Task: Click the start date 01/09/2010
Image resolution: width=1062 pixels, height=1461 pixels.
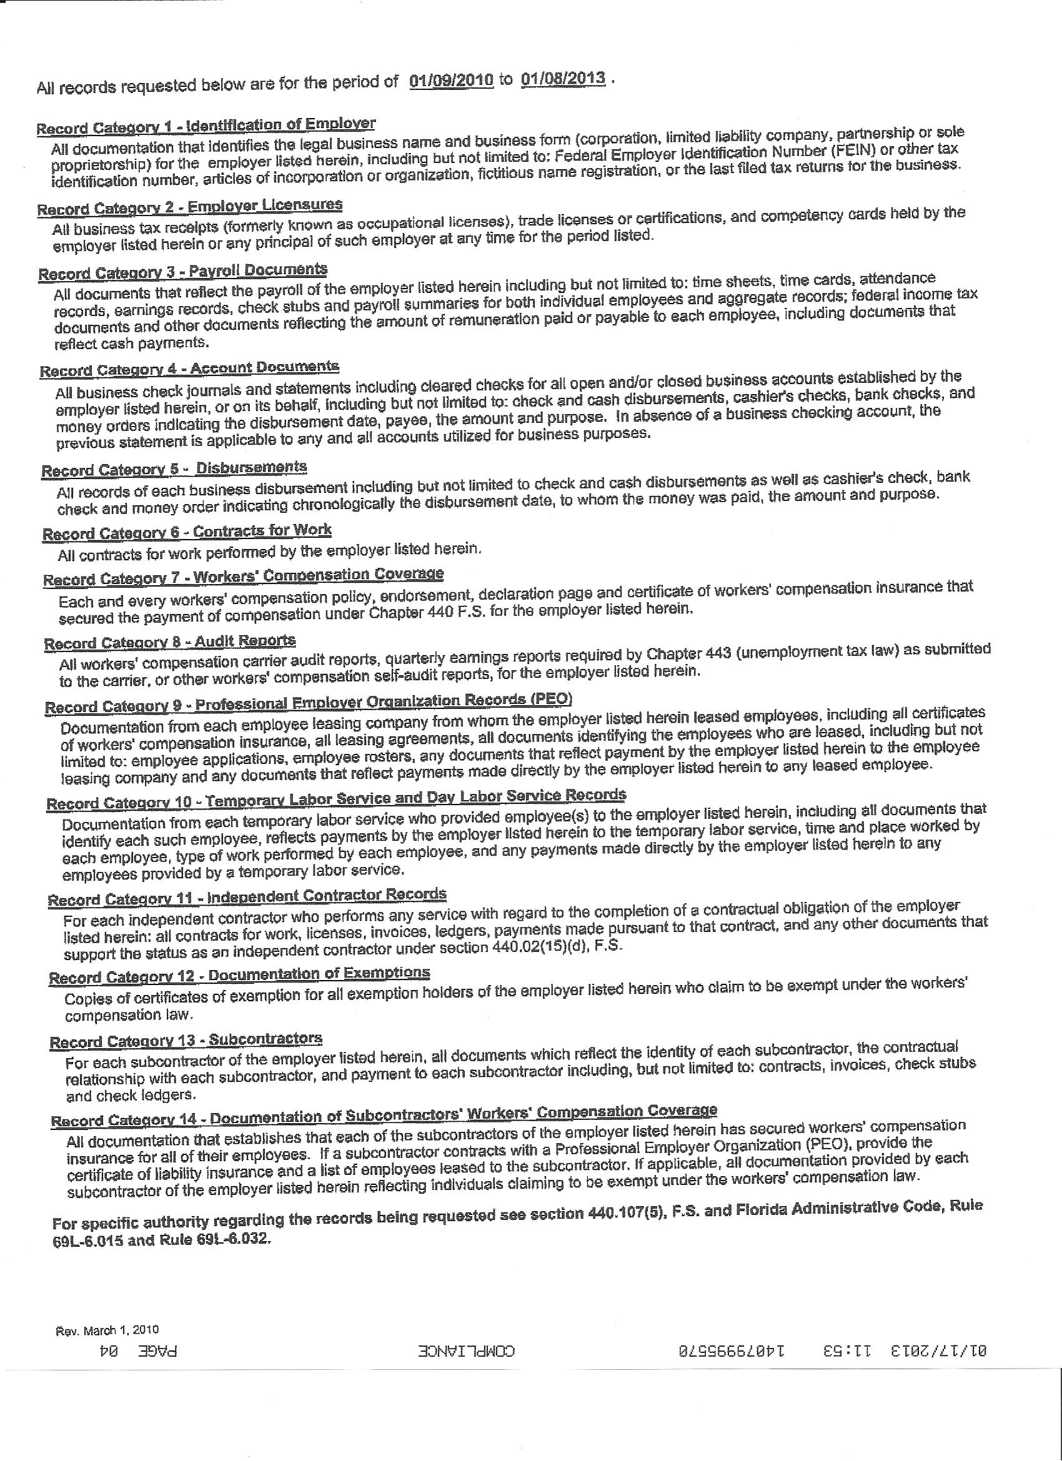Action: tap(451, 81)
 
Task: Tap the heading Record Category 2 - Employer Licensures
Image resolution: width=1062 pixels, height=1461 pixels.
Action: tap(189, 207)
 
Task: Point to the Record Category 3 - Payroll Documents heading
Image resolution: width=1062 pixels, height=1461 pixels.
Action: tap(182, 271)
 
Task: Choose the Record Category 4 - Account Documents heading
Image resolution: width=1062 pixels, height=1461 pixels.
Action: tap(189, 369)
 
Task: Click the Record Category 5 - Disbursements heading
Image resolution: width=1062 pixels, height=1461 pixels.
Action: tap(174, 469)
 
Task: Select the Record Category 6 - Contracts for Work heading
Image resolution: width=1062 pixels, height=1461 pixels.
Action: tap(187, 532)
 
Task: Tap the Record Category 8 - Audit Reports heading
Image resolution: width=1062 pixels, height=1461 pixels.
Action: tap(169, 642)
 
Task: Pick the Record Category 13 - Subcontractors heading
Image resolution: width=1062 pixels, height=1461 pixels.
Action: tap(186, 1041)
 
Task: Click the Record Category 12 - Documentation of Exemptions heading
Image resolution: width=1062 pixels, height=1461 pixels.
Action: tap(239, 976)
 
